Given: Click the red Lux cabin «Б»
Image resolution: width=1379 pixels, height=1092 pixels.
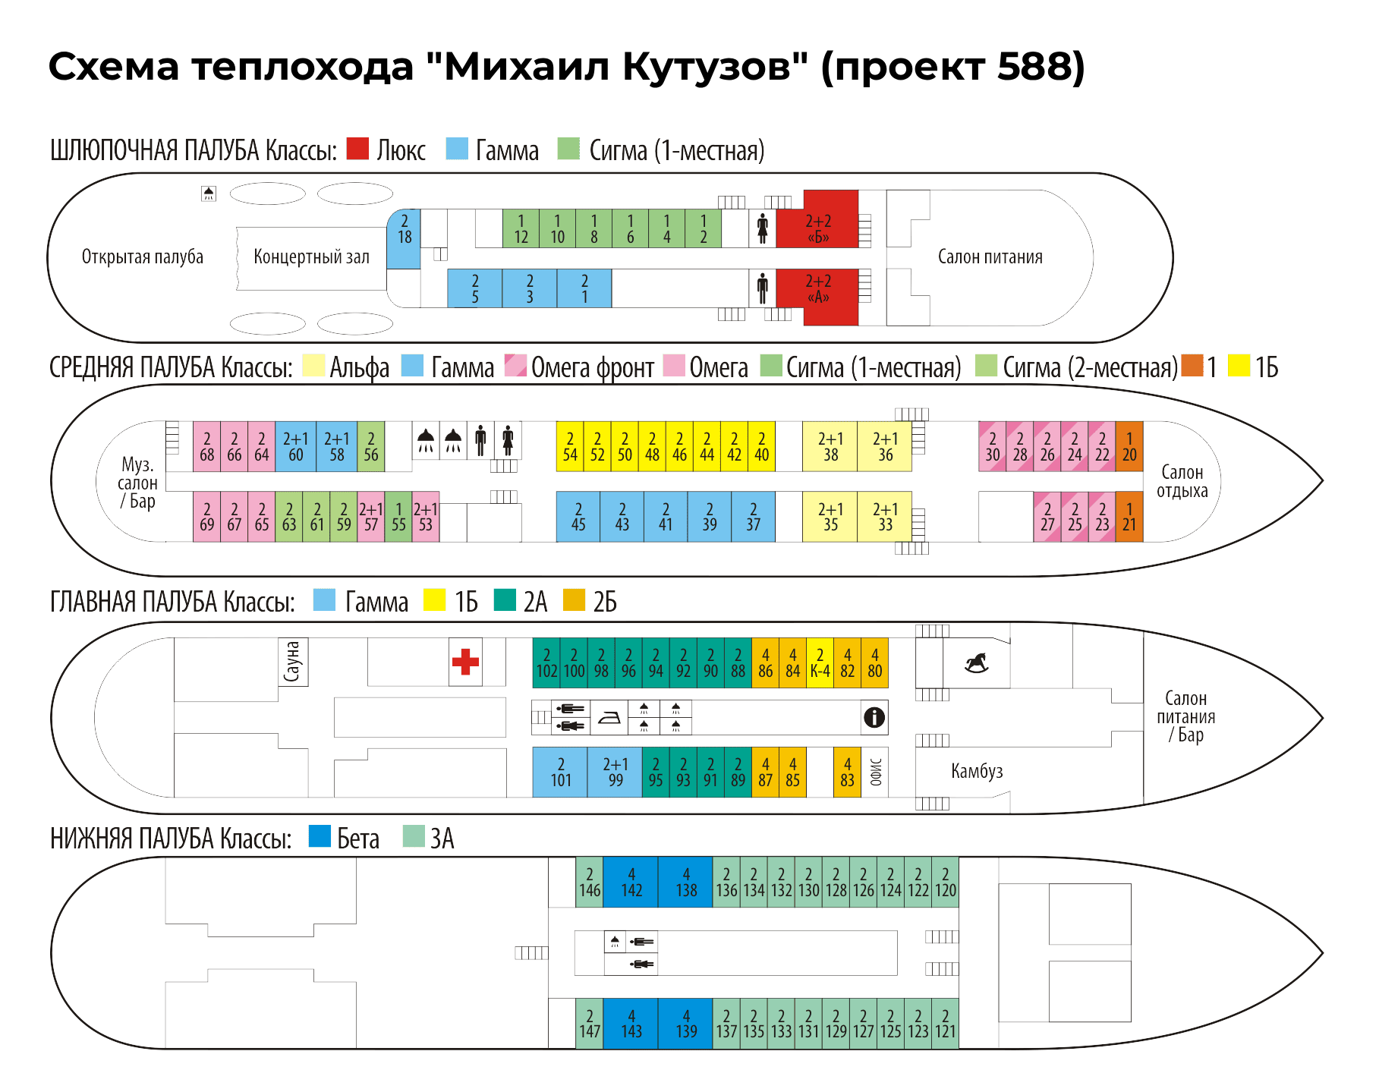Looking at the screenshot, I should [818, 228].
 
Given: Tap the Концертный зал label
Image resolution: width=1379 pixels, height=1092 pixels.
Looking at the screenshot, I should [311, 257].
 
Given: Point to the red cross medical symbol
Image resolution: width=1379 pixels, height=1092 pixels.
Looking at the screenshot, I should [465, 662].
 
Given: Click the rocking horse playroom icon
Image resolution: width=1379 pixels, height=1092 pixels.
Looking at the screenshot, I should [976, 662].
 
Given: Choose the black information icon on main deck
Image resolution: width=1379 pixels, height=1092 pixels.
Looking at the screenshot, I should [874, 717].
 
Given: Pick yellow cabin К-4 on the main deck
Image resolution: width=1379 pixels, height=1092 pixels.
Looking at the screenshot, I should [820, 663].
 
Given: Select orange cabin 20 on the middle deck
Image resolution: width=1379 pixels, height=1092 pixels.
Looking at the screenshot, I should [1129, 447].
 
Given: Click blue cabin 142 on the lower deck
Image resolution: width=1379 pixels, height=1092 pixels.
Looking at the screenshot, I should [631, 883].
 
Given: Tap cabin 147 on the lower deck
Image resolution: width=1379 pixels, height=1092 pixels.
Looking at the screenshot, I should [590, 1024].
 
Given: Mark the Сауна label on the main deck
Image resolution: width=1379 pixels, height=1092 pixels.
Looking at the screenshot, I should [293, 662].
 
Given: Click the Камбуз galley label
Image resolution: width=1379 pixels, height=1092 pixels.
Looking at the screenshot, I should [977, 772].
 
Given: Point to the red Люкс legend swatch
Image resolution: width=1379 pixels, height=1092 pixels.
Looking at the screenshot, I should [357, 149].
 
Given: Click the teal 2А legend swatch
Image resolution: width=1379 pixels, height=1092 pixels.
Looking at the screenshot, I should [505, 600].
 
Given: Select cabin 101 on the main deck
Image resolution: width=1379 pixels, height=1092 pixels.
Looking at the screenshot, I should [560, 773].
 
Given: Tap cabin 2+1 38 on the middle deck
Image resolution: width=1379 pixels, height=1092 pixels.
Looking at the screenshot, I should [830, 447].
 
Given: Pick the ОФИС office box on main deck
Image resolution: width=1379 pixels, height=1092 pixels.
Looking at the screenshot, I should [875, 773].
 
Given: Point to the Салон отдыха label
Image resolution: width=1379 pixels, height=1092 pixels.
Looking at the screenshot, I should [1182, 482].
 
